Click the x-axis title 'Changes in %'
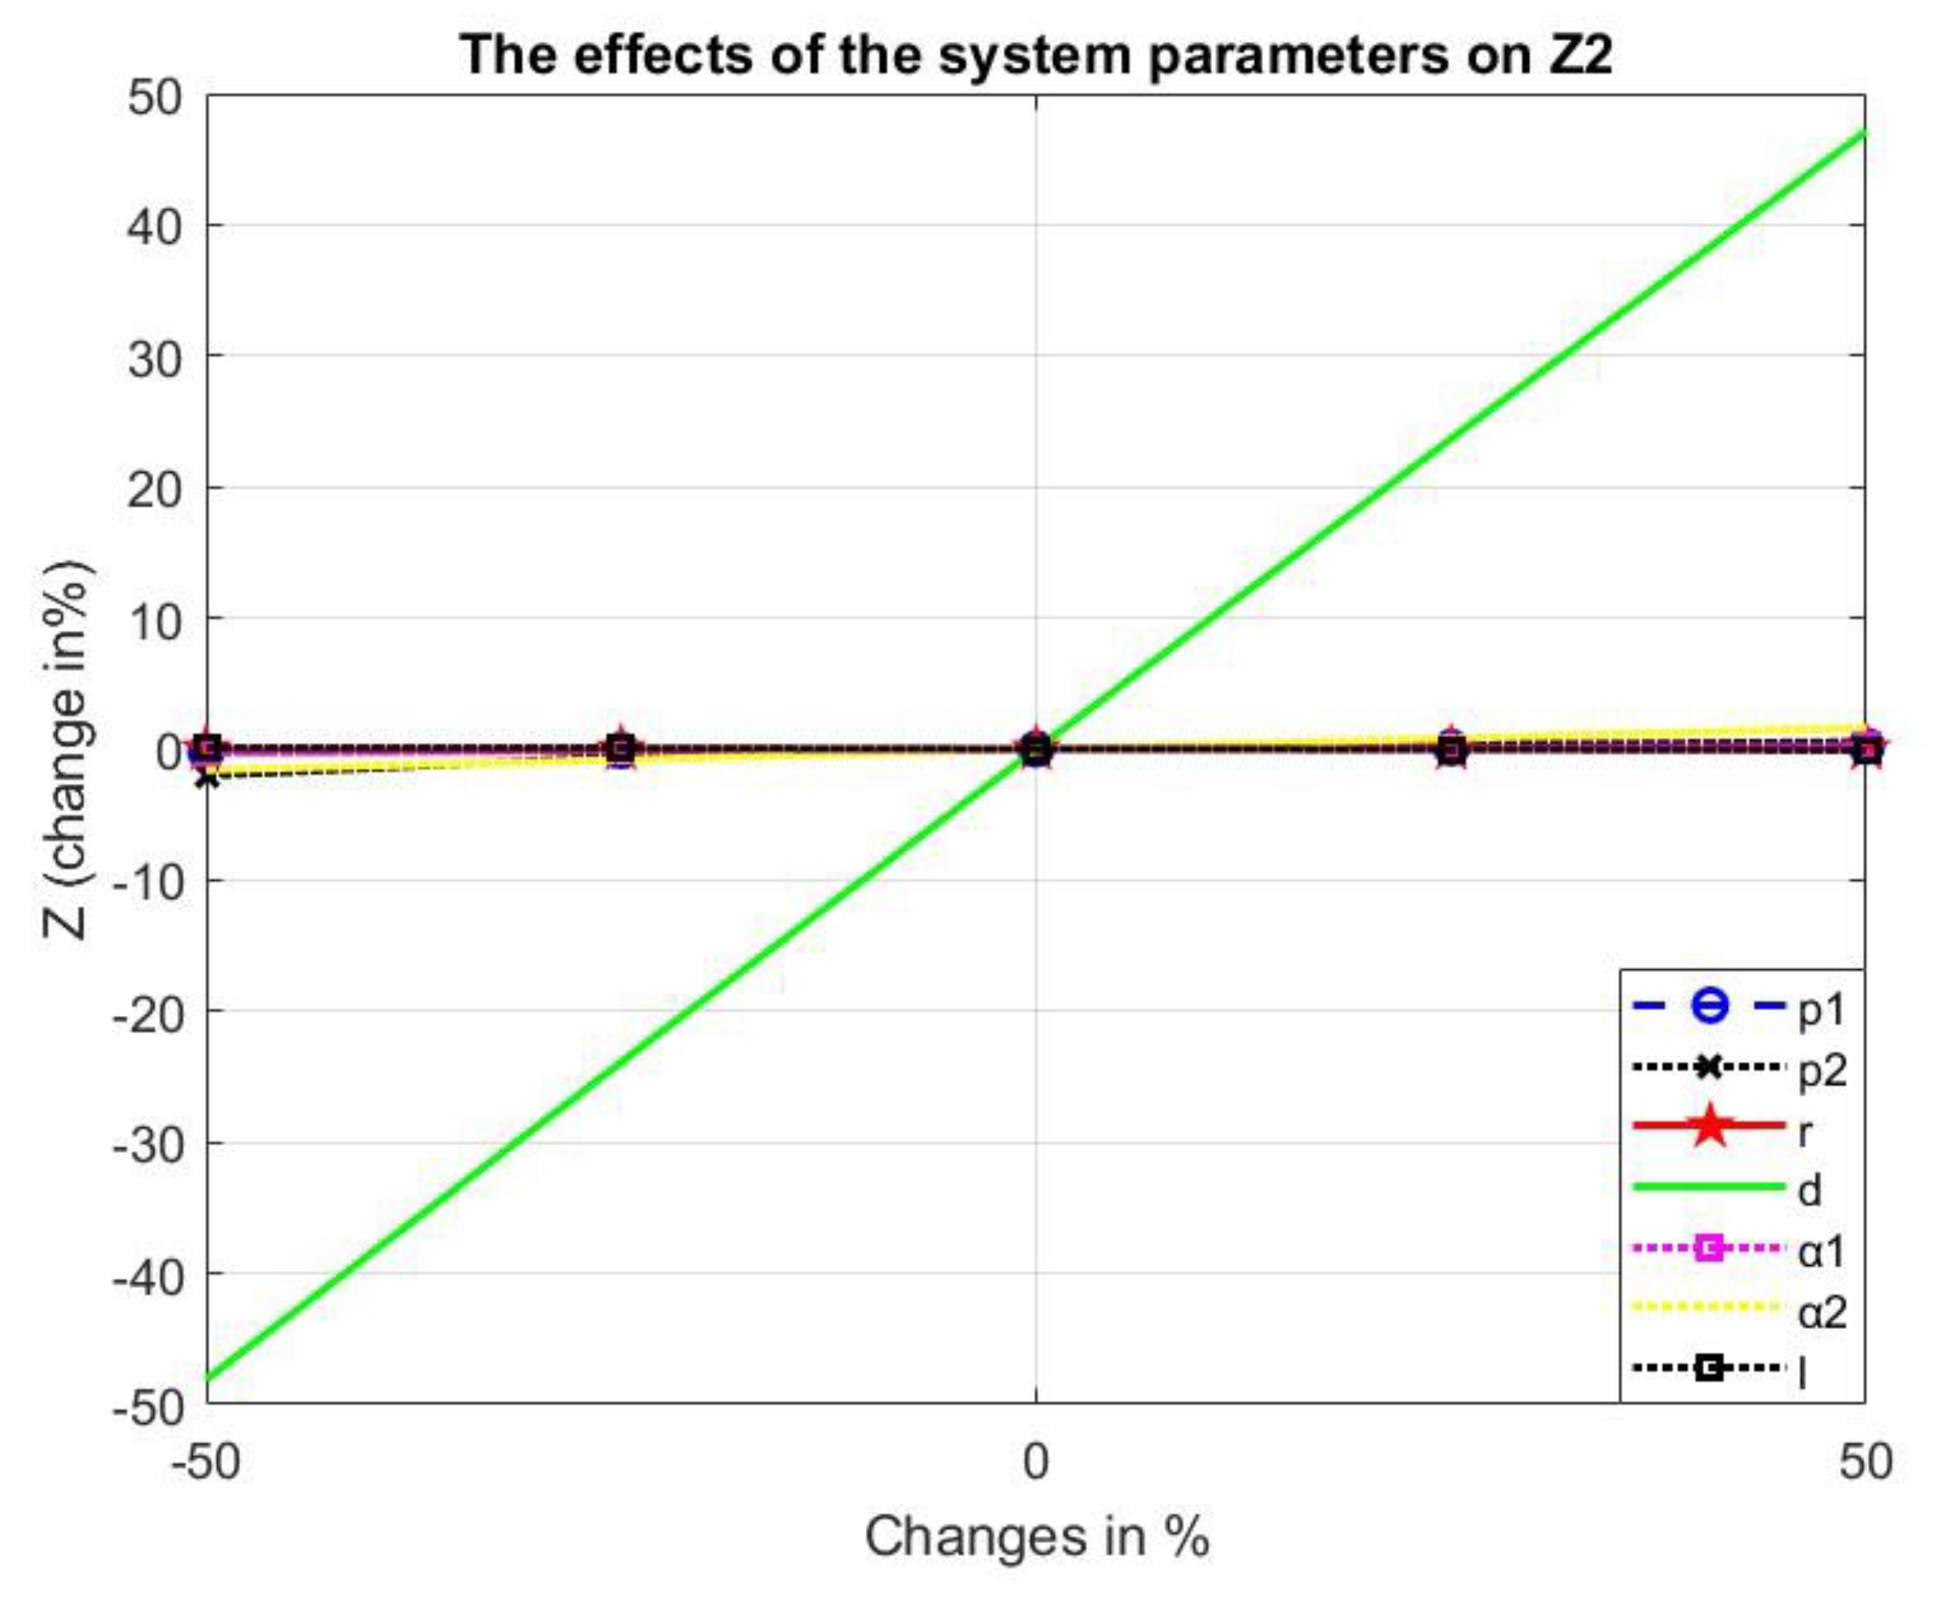point(1036,1537)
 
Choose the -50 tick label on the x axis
point(206,1462)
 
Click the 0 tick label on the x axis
point(1036,1462)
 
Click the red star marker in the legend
point(1710,1127)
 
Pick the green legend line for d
point(1709,1186)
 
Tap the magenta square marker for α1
point(1710,1248)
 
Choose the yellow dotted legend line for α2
point(1709,1308)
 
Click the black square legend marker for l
point(1710,1368)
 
